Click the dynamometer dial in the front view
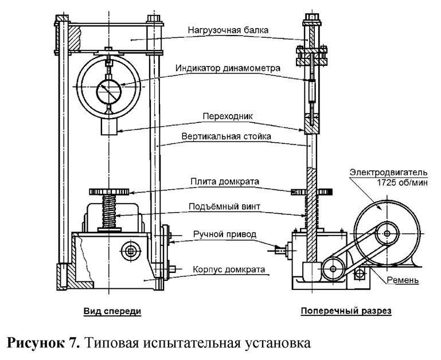(108, 89)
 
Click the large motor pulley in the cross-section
(388, 233)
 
